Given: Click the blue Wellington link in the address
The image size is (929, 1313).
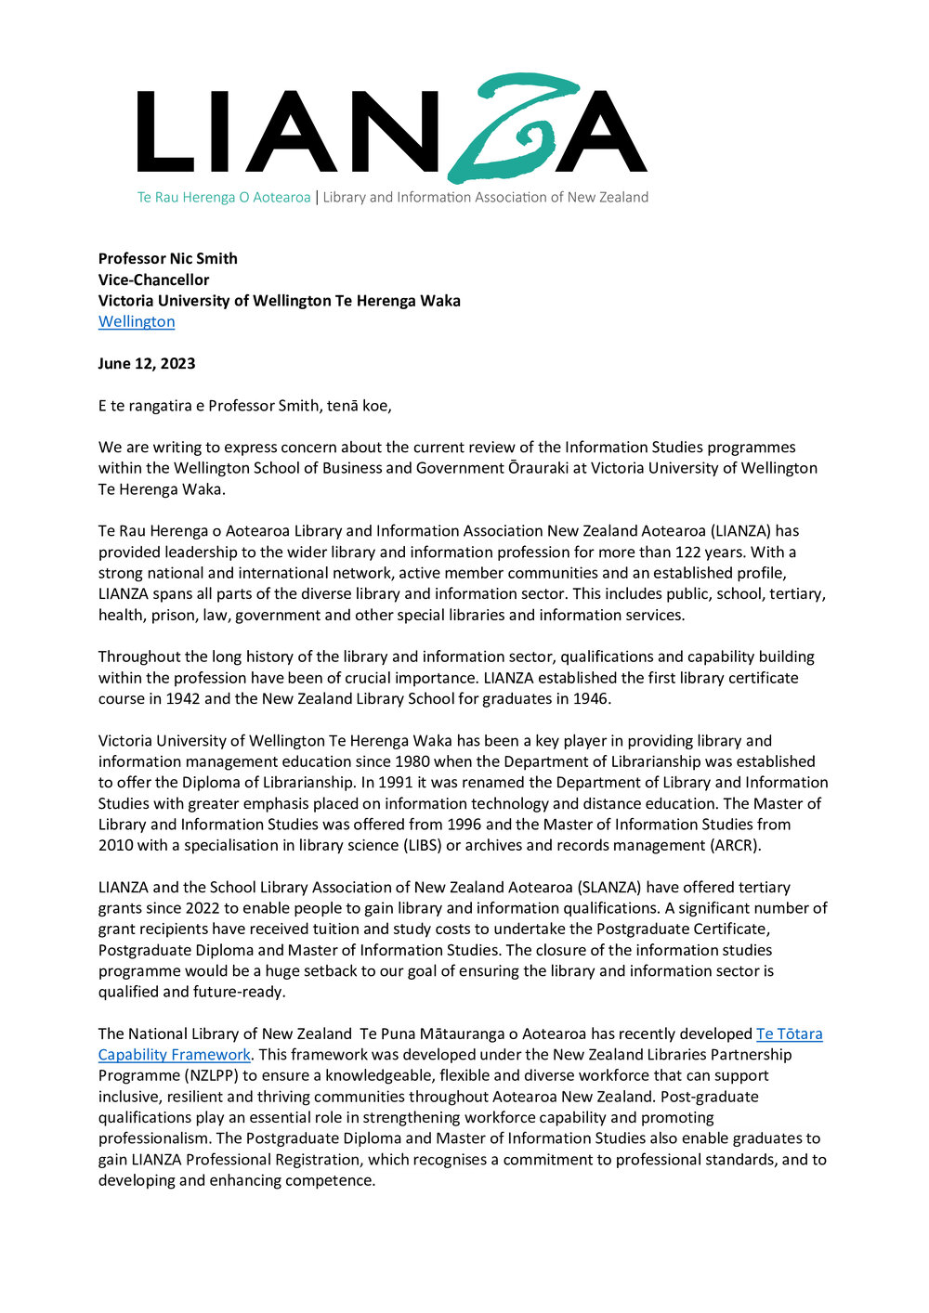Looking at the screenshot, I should tap(137, 321).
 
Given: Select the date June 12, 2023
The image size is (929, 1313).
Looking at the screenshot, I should tap(147, 363).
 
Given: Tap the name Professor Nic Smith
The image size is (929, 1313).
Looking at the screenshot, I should tap(168, 258).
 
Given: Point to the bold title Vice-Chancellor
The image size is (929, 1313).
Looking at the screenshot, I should tap(154, 279).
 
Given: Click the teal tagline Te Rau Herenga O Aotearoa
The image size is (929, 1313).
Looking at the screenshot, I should tap(224, 197).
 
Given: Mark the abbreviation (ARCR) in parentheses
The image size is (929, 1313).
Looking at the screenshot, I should tap(734, 845).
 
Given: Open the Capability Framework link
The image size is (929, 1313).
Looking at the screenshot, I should tap(175, 1055).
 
